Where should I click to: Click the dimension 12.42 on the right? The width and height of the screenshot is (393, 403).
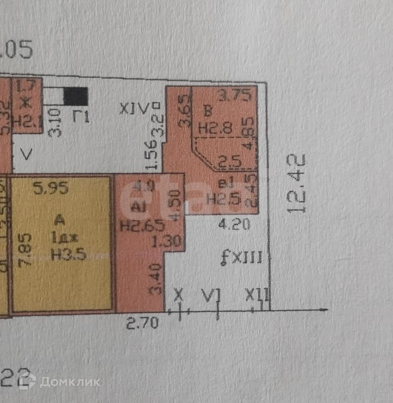point(297,184)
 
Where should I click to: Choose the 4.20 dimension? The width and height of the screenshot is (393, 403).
point(234,225)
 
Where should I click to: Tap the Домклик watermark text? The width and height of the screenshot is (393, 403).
point(70,381)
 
